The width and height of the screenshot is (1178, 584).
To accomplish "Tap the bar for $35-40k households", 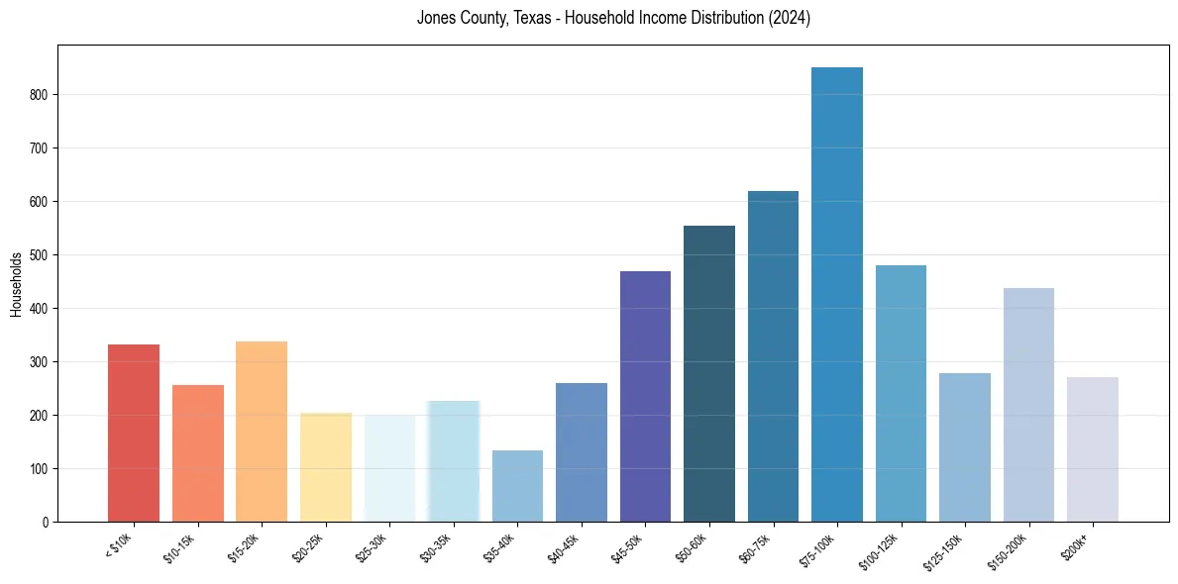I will (517, 486).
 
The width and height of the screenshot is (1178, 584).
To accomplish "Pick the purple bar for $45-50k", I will (645, 396).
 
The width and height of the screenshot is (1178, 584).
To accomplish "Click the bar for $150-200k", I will (1028, 405).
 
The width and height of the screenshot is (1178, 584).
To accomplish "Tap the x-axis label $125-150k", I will (945, 550).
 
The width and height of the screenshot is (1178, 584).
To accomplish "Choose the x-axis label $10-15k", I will (180, 547).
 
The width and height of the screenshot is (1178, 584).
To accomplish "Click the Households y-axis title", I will (16, 284).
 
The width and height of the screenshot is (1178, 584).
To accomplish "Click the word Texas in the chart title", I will (535, 18).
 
